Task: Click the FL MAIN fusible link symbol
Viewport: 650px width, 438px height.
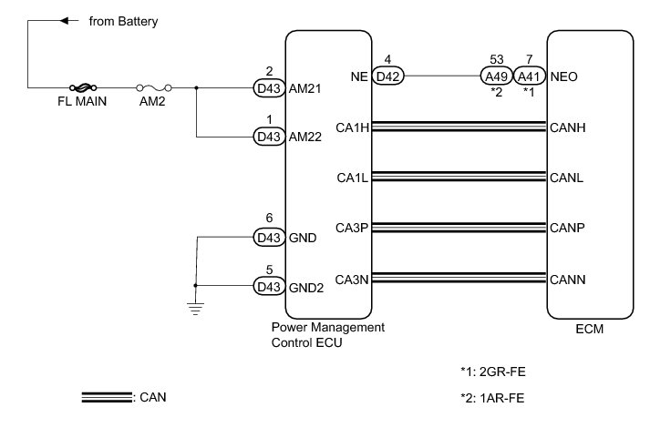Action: coord(81,87)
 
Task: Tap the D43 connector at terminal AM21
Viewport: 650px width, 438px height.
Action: coord(268,87)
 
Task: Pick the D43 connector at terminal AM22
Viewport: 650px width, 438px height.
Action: coord(268,137)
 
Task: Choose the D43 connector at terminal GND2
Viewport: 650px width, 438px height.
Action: coord(268,286)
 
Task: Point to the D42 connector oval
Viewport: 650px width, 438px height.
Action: coord(388,76)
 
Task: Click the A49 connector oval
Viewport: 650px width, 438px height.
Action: coord(497,76)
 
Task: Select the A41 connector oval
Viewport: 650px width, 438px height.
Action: coord(529,76)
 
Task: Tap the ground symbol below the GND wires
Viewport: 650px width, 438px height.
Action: coord(195,308)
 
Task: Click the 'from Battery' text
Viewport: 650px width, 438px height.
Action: coord(123,20)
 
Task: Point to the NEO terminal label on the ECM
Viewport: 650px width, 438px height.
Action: coord(564,77)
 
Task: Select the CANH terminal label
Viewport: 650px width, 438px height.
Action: coord(568,127)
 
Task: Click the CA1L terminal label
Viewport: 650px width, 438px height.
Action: coord(352,178)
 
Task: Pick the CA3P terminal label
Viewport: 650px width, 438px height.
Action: coord(352,228)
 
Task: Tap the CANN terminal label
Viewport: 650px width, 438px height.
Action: coord(568,279)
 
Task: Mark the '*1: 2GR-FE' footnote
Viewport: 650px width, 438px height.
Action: coord(492,372)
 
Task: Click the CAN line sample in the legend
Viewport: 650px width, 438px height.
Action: coord(106,397)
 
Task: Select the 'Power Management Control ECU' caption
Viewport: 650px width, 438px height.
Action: coord(328,332)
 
